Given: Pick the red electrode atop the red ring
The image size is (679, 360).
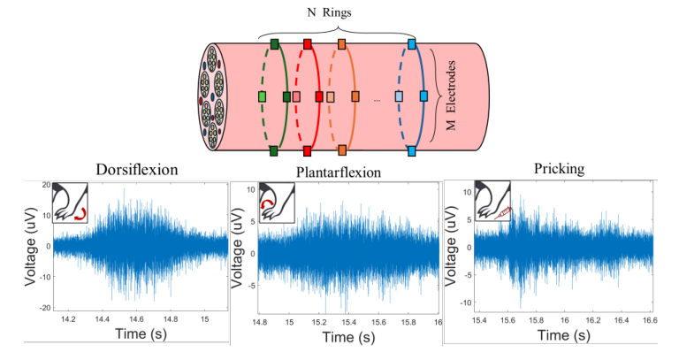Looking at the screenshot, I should point(308,43).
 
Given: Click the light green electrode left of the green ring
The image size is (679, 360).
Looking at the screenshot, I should point(263,96).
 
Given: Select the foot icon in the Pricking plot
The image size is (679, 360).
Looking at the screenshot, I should point(492,203).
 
